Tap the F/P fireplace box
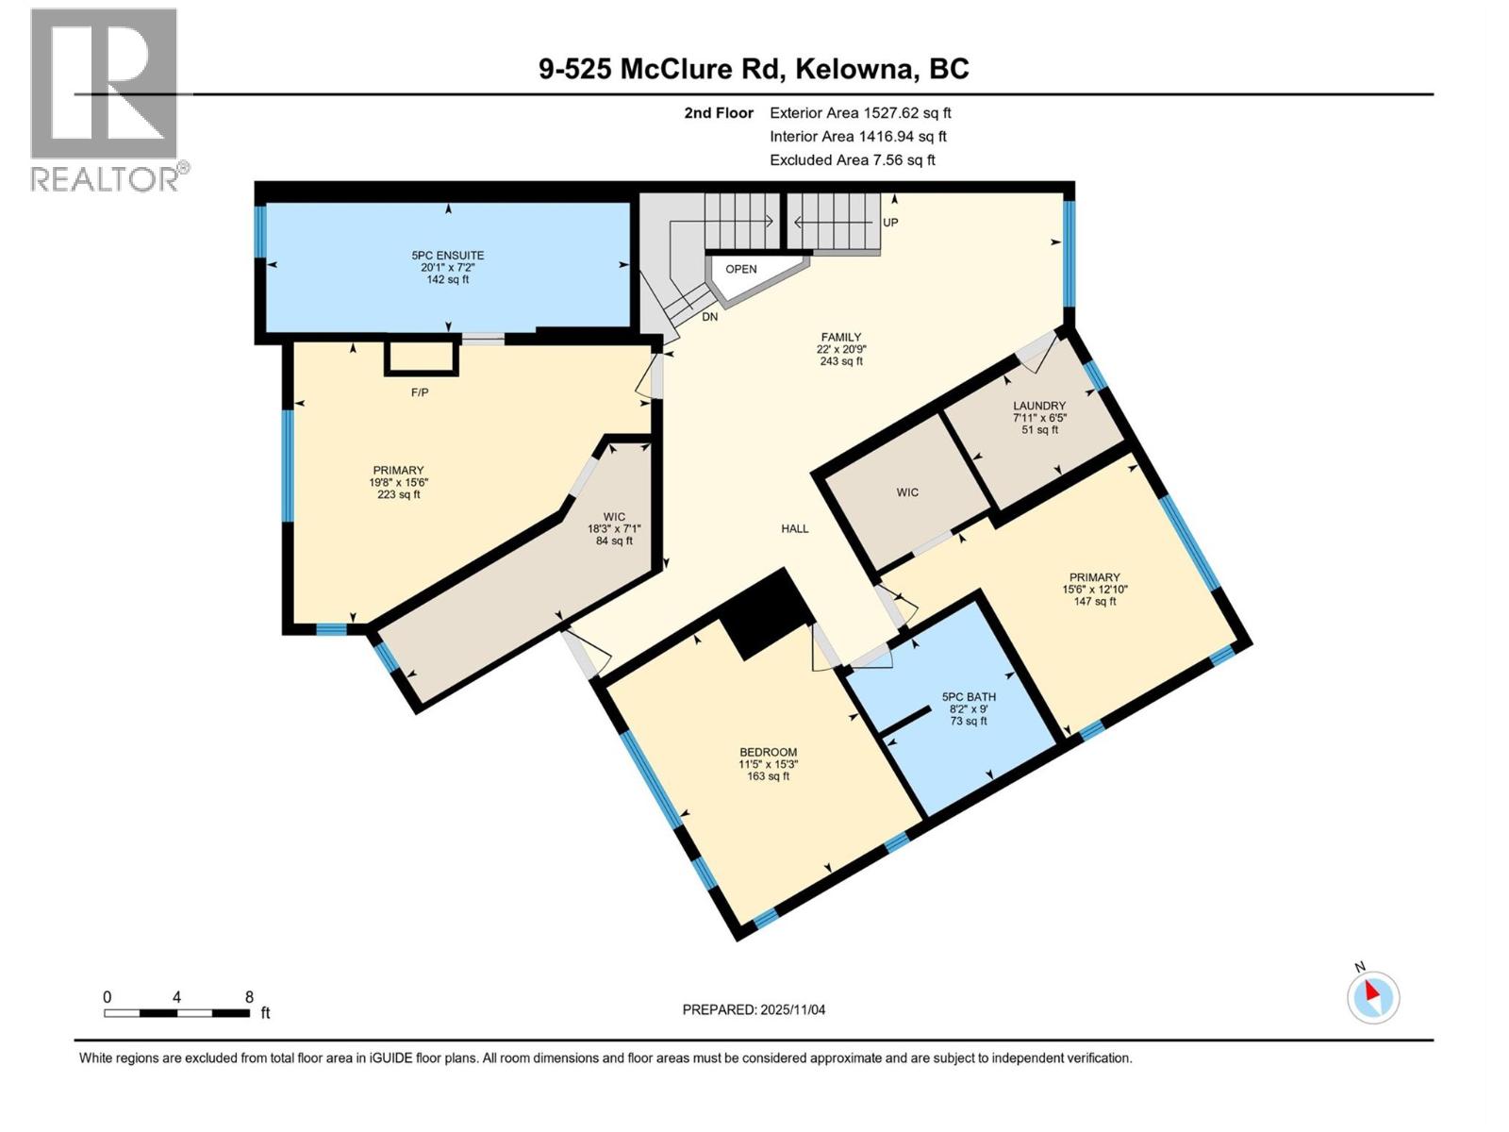(422, 358)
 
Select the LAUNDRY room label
(1039, 406)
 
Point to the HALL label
(794, 528)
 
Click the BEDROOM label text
(768, 752)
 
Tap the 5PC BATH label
(969, 697)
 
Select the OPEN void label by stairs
(740, 269)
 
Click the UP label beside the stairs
(890, 223)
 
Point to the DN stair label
(709, 317)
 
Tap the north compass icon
(1373, 997)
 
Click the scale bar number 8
(249, 997)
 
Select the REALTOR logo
(106, 99)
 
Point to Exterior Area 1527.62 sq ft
(860, 112)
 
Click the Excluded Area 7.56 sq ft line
(852, 159)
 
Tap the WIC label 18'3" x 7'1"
(614, 528)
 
